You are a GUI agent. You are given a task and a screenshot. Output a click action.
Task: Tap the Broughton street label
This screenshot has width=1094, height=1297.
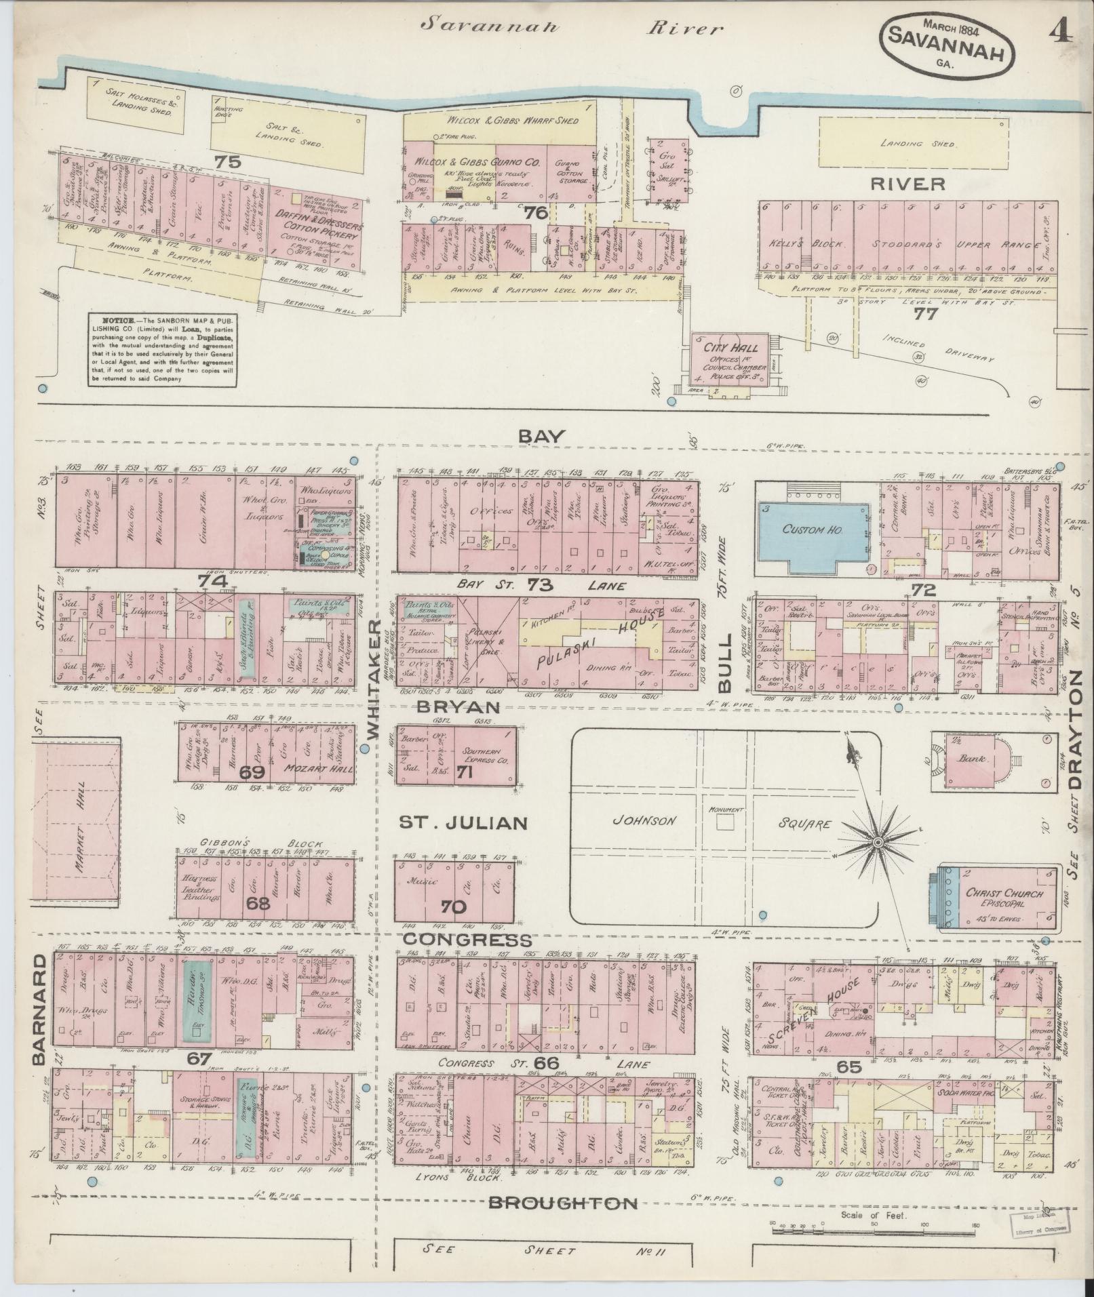point(563,1203)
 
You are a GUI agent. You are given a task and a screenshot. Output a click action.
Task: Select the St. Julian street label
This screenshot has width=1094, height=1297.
point(462,823)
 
